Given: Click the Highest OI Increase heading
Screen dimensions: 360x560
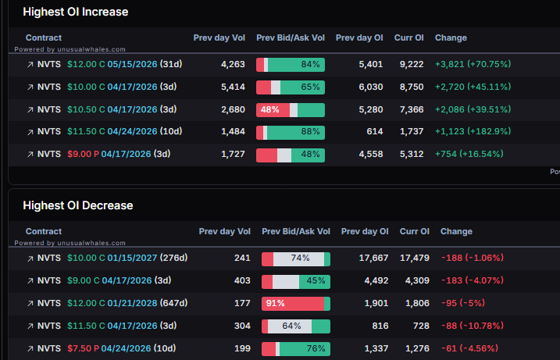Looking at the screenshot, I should point(76,12).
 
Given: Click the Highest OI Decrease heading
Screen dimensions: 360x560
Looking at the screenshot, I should point(78,205).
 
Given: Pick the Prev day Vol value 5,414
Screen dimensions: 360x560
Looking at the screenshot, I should point(234,87).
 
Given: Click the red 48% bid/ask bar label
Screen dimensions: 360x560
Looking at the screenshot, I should point(270,110).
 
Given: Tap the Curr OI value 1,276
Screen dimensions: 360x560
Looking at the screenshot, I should point(414,348).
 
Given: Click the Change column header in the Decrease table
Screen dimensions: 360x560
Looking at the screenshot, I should point(456,231).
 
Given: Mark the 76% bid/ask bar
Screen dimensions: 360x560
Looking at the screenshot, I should point(296,348).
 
